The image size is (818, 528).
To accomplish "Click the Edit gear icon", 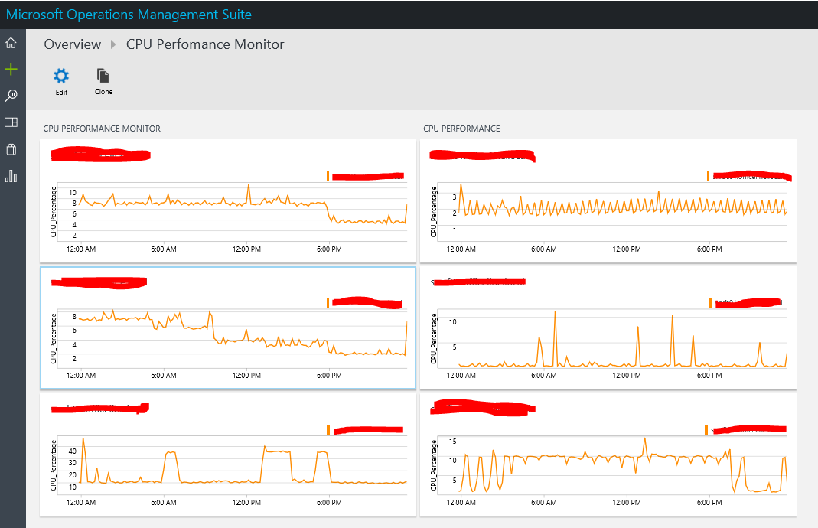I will tap(61, 76).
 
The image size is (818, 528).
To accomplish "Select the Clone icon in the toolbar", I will tap(103, 76).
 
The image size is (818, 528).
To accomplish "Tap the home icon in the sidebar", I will tap(11, 43).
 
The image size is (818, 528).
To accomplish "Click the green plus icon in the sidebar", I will tap(11, 70).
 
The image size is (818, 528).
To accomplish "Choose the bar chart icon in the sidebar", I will tap(11, 176).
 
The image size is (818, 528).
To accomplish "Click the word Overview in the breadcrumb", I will tap(73, 44).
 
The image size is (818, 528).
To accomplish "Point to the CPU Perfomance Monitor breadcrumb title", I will tap(205, 44).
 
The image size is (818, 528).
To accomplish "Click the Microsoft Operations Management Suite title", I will tap(129, 15).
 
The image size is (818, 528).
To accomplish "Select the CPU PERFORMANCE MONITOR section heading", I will tap(102, 129).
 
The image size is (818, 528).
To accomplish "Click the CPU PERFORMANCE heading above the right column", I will tap(461, 129).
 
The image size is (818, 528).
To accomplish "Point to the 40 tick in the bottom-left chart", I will tap(73, 451).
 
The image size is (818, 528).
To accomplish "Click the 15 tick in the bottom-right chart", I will tap(453, 441).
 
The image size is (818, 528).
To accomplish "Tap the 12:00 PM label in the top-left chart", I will tap(246, 249).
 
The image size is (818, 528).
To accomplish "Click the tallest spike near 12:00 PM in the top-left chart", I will tap(249, 185).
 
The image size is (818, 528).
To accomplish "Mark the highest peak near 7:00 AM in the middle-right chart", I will tap(555, 311).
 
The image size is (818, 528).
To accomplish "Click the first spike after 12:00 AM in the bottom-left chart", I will tap(83, 438).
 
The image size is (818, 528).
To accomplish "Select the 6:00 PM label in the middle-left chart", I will tap(328, 376).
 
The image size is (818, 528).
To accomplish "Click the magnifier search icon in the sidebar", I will tap(11, 96).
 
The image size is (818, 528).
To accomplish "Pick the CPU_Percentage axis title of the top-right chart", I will tap(434, 210).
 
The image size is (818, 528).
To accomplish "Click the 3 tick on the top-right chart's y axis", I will tap(455, 197).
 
